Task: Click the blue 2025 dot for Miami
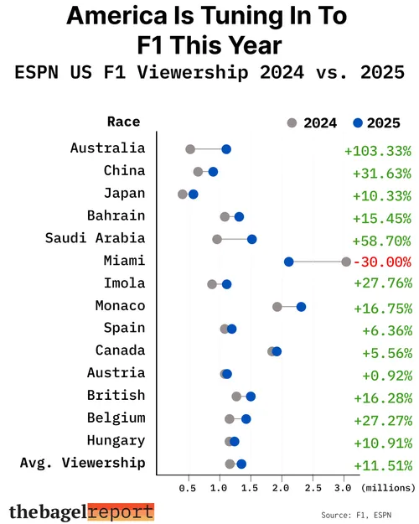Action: [289, 262]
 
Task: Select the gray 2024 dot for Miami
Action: [346, 262]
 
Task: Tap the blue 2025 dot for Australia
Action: [226, 149]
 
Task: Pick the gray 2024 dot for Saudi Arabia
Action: [217, 239]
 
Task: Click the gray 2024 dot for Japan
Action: [183, 195]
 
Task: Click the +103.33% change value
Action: [378, 151]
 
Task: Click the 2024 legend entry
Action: [312, 123]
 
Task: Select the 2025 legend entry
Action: [376, 123]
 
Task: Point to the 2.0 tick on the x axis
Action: [282, 486]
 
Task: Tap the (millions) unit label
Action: [388, 486]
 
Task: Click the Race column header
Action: [123, 122]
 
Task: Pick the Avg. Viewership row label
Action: [82, 463]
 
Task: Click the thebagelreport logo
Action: [81, 511]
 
